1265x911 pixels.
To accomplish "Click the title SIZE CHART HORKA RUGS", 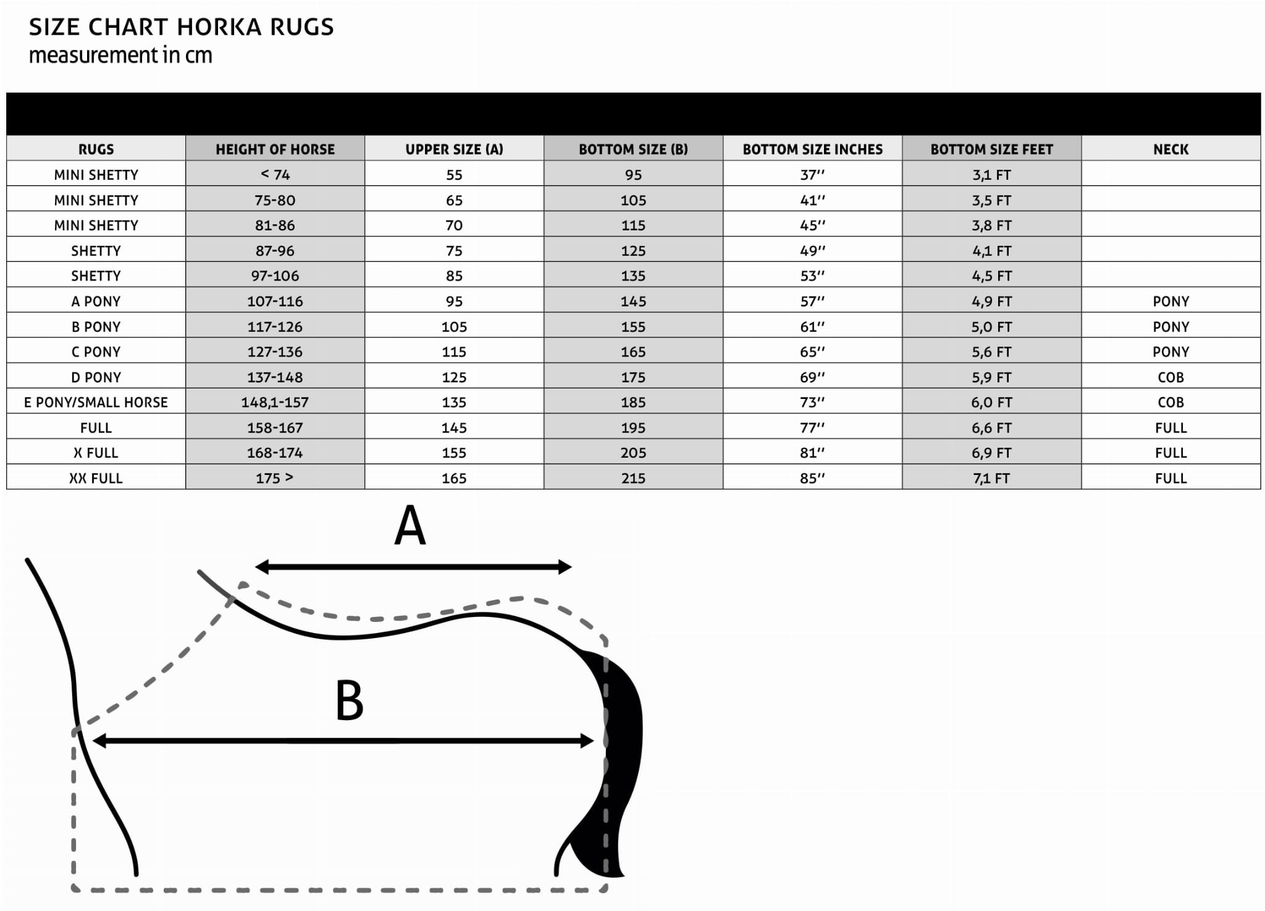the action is click(x=181, y=27).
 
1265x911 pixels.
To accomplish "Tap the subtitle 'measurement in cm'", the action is click(x=120, y=56).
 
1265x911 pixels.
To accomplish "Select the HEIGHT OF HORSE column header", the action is click(x=275, y=149).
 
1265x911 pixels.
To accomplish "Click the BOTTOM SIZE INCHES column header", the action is click(x=812, y=149).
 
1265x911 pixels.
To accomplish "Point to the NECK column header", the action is click(x=1170, y=149).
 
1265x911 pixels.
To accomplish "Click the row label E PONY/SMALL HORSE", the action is click(x=96, y=402).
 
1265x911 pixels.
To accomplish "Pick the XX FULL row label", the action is click(x=96, y=478).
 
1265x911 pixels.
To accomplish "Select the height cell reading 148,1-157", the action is click(x=275, y=402).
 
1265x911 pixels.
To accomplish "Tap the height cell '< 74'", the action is click(x=275, y=175).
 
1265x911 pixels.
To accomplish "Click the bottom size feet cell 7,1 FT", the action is click(x=991, y=478).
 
